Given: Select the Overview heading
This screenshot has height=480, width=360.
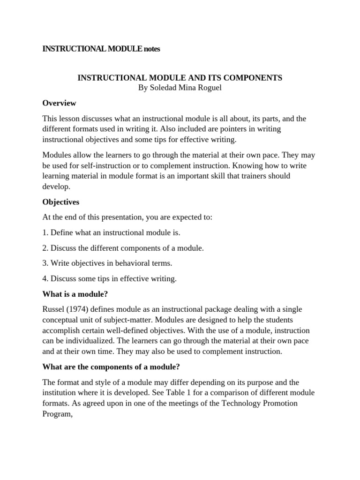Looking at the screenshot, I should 59,103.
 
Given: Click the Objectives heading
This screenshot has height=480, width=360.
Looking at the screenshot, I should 61,202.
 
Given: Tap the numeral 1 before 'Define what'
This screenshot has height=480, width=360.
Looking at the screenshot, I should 45,232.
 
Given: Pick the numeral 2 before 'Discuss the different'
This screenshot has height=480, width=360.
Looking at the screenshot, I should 45,248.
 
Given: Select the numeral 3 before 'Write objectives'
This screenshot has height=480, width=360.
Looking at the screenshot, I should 45,263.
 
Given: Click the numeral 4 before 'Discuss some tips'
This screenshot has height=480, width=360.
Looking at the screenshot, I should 45,278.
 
